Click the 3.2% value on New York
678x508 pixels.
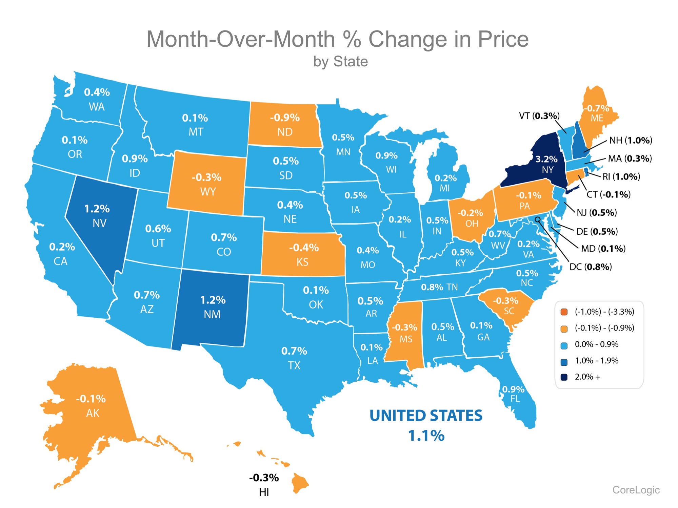(546, 159)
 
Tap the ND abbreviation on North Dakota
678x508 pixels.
(285, 132)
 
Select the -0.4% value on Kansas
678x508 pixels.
(304, 248)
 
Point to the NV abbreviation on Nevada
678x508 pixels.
(99, 223)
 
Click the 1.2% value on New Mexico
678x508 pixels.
(213, 300)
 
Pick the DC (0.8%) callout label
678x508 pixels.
(591, 267)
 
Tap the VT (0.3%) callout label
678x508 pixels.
(539, 116)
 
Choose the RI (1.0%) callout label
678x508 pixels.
(621, 176)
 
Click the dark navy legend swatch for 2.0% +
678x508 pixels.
(564, 377)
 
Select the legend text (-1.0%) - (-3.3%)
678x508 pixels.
(604, 312)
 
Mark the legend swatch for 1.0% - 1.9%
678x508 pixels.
(564, 361)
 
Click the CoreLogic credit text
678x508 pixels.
(636, 490)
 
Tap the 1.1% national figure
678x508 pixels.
(426, 436)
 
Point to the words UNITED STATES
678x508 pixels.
(426, 416)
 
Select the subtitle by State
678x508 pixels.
(340, 62)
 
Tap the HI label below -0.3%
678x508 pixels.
(264, 492)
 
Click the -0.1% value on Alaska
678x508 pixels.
(91, 399)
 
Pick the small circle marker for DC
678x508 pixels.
(538, 219)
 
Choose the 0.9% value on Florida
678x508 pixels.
(513, 389)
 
